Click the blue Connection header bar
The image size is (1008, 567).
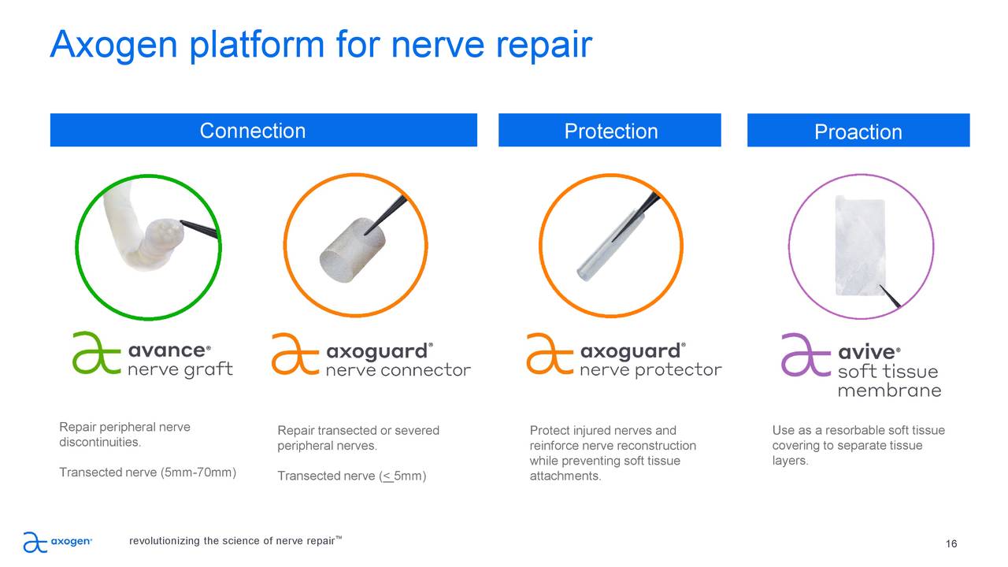[x=263, y=130]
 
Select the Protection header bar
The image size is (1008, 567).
[x=610, y=131]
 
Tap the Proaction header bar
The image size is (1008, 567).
[x=858, y=132]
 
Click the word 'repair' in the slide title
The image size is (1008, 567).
[x=543, y=46]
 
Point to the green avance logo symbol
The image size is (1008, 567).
[x=96, y=353]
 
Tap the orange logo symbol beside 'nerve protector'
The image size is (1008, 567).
[x=550, y=354]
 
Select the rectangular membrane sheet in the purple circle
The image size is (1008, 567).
[x=858, y=246]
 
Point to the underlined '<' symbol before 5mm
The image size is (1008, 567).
[x=387, y=476]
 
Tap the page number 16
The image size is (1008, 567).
[x=951, y=544]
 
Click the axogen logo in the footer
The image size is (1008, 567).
[x=57, y=542]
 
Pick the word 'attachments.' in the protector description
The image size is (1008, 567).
[x=565, y=476]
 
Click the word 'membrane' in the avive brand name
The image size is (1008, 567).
[x=889, y=391]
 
